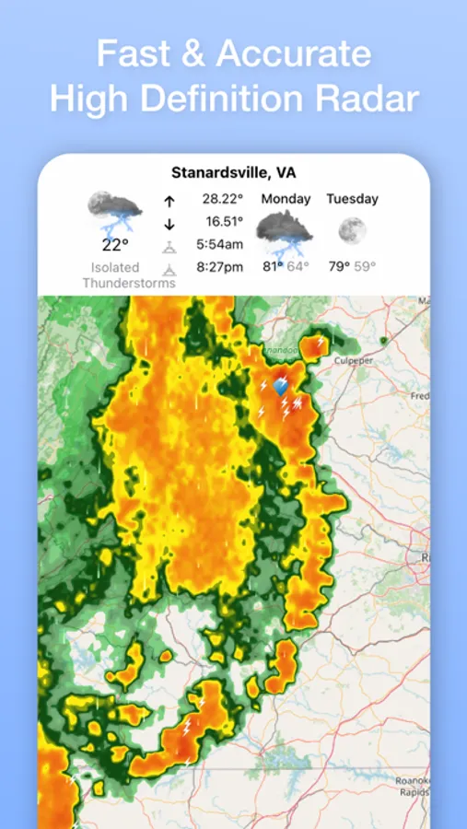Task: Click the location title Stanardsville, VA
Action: (233, 173)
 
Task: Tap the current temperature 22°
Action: (115, 244)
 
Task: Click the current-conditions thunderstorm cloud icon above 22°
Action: (115, 211)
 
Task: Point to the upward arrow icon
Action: (169, 201)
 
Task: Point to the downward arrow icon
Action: (169, 223)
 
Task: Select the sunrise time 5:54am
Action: (220, 245)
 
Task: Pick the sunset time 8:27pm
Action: (220, 268)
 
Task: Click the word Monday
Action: (286, 199)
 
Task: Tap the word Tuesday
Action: (352, 199)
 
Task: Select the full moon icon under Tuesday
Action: (352, 230)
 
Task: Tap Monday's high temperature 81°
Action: (273, 266)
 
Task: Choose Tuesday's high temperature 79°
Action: (339, 266)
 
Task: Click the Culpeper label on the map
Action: (355, 360)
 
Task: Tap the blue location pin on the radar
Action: (281, 388)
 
